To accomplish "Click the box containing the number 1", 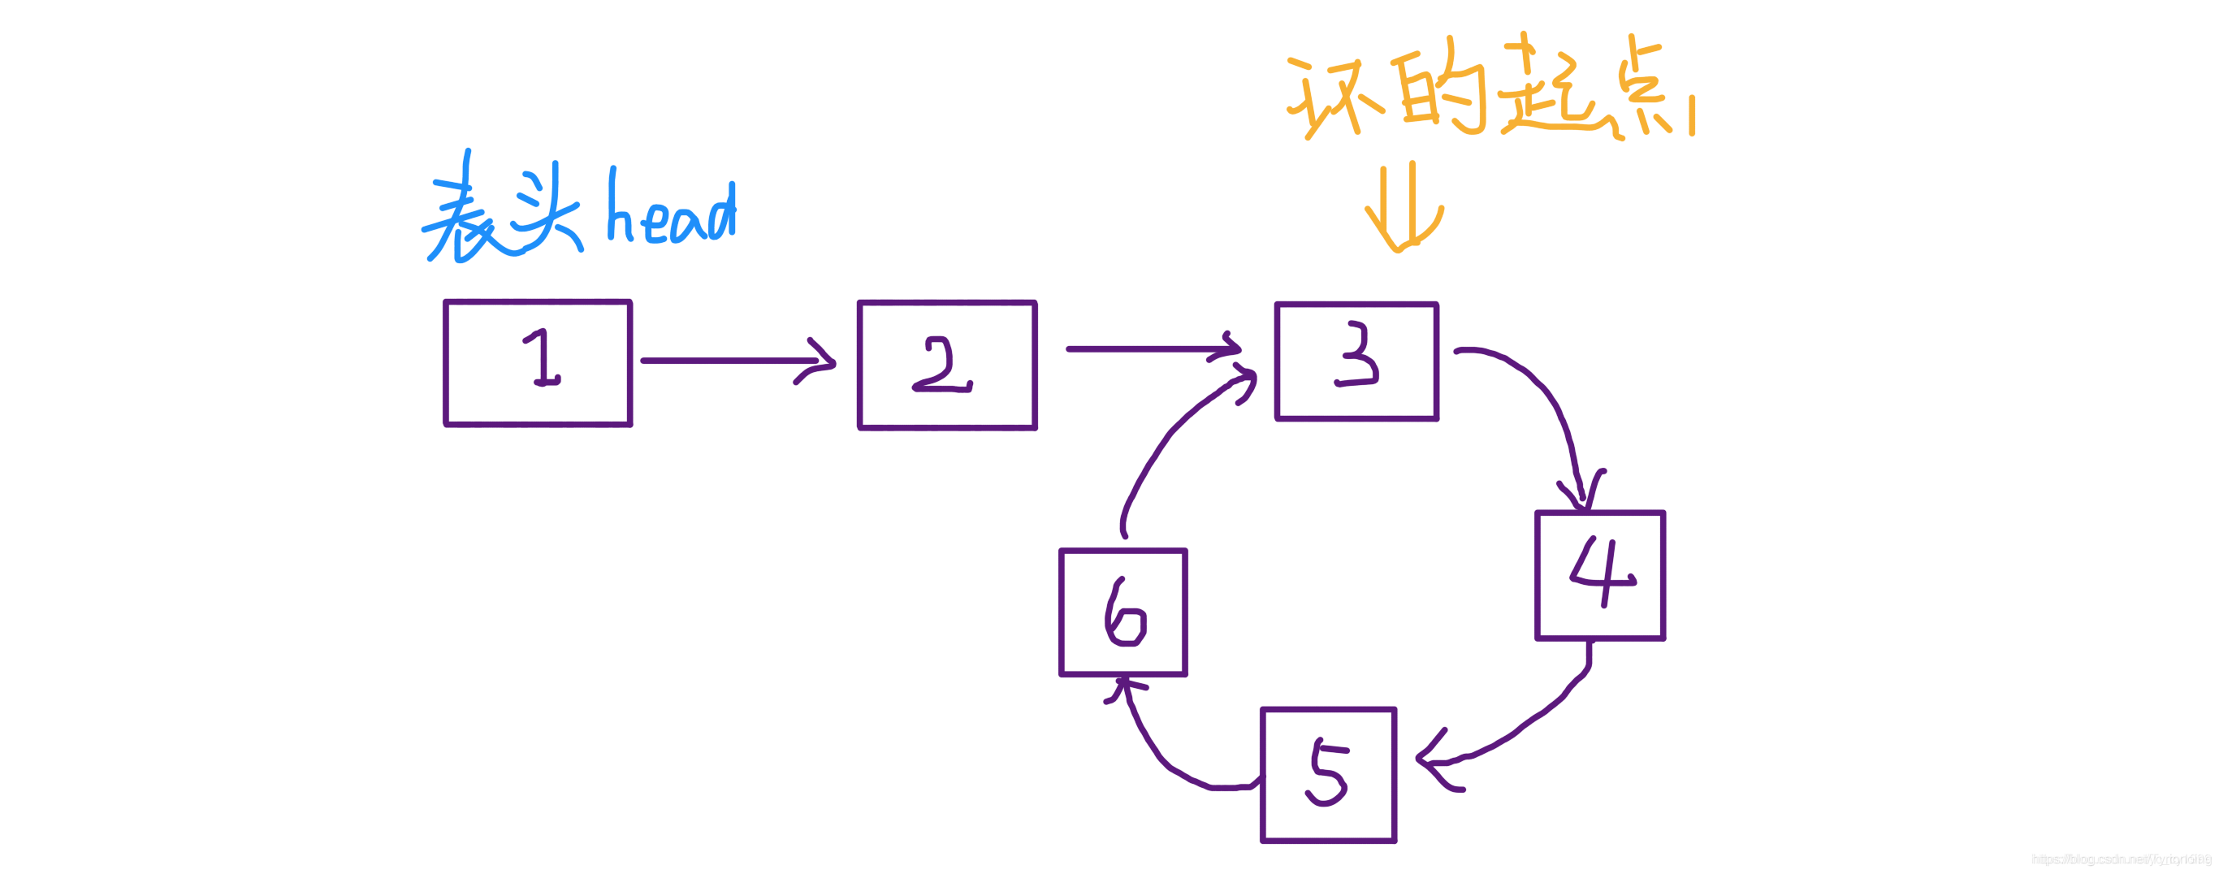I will click(x=539, y=362).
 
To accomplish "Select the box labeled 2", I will click(x=947, y=364).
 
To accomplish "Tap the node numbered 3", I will click(x=1356, y=361).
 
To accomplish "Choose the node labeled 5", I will click(x=1327, y=774).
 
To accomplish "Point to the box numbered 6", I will click(x=1122, y=612).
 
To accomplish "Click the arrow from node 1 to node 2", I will click(x=732, y=360).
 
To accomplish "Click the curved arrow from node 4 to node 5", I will click(x=1525, y=723).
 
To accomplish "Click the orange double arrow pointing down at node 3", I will click(x=1404, y=206).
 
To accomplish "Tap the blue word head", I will click(x=672, y=211).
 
